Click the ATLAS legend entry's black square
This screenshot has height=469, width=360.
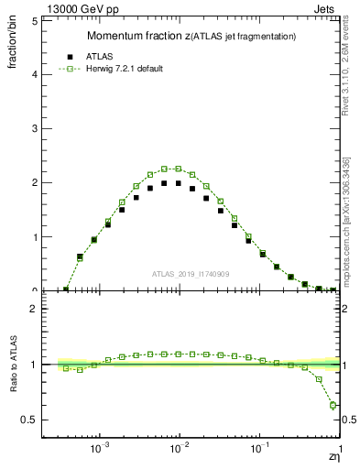click(69, 56)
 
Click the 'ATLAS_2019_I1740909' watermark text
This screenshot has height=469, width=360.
click(191, 274)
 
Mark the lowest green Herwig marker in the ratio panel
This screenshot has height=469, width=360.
click(333, 405)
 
